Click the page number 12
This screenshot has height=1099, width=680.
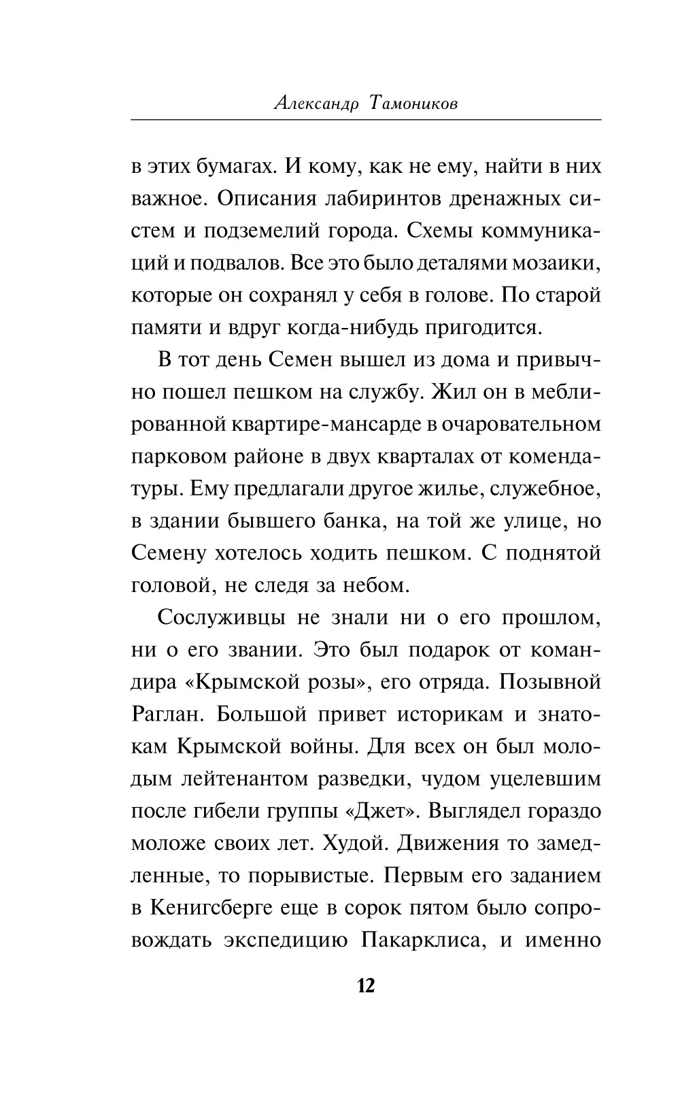pos(365,985)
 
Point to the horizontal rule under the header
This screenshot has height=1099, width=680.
pos(365,120)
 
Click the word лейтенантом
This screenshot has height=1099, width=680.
pos(249,778)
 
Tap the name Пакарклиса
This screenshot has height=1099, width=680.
pos(419,940)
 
